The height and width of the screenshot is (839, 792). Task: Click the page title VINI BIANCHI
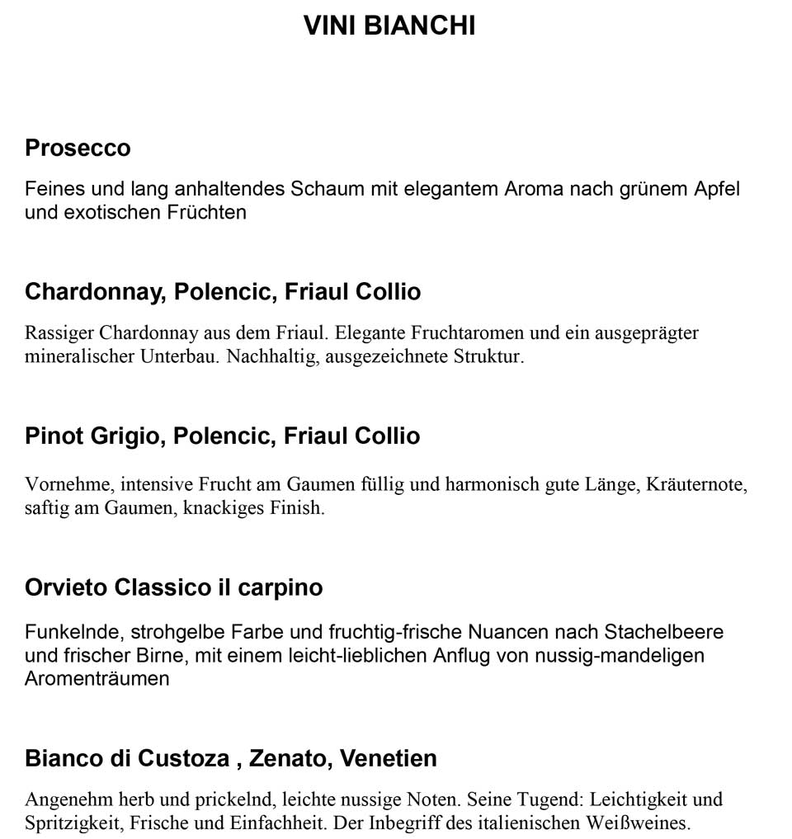(389, 26)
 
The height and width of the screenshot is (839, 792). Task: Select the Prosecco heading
(78, 148)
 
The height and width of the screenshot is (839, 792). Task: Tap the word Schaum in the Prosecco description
(327, 189)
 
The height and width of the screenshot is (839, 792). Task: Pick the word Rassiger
(59, 333)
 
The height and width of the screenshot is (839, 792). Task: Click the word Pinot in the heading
(54, 436)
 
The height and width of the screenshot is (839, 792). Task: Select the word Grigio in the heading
(125, 436)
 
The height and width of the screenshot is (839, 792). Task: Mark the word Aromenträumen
(97, 679)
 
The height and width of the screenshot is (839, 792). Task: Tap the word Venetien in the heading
(389, 758)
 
